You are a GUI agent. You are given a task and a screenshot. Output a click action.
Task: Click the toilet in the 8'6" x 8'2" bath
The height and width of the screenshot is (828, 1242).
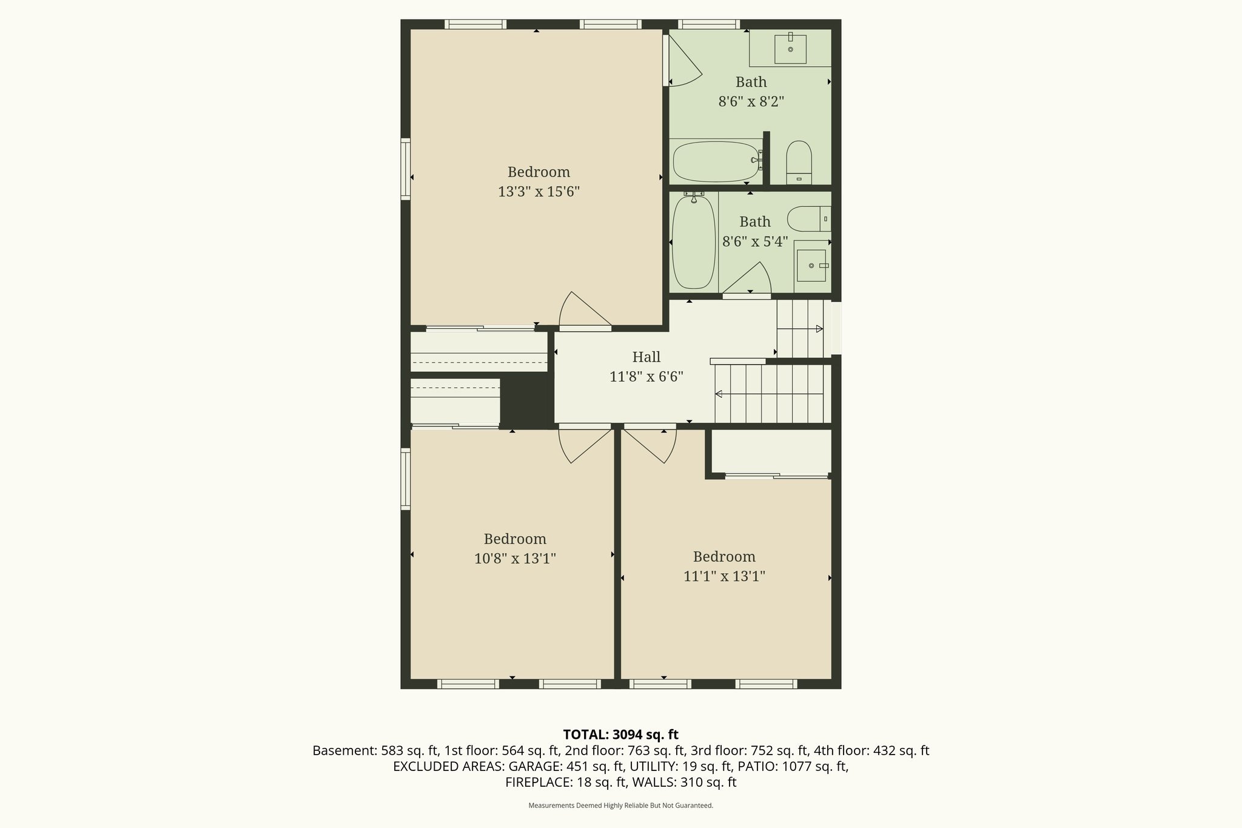(799, 161)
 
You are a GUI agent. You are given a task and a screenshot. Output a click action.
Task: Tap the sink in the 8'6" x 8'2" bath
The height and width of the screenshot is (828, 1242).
(790, 49)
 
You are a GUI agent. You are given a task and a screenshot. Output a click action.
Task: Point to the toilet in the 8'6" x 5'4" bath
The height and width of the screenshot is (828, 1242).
(807, 218)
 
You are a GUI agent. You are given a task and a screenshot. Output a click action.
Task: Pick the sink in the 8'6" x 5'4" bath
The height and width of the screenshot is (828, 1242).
(811, 266)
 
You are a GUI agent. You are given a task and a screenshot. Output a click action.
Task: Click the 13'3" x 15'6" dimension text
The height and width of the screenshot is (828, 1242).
(539, 192)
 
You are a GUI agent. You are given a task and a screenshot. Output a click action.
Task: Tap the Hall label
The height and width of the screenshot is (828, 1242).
(646, 357)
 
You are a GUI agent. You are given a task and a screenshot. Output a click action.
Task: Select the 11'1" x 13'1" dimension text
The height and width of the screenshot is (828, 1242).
(724, 576)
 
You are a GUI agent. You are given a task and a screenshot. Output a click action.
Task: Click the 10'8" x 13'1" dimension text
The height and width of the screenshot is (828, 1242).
(515, 558)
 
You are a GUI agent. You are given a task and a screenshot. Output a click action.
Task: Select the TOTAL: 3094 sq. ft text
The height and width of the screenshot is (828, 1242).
(620, 735)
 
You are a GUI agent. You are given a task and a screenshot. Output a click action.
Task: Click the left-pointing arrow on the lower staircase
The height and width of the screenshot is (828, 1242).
(719, 394)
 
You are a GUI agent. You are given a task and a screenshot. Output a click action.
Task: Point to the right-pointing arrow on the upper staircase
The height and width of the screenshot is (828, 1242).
(819, 329)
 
